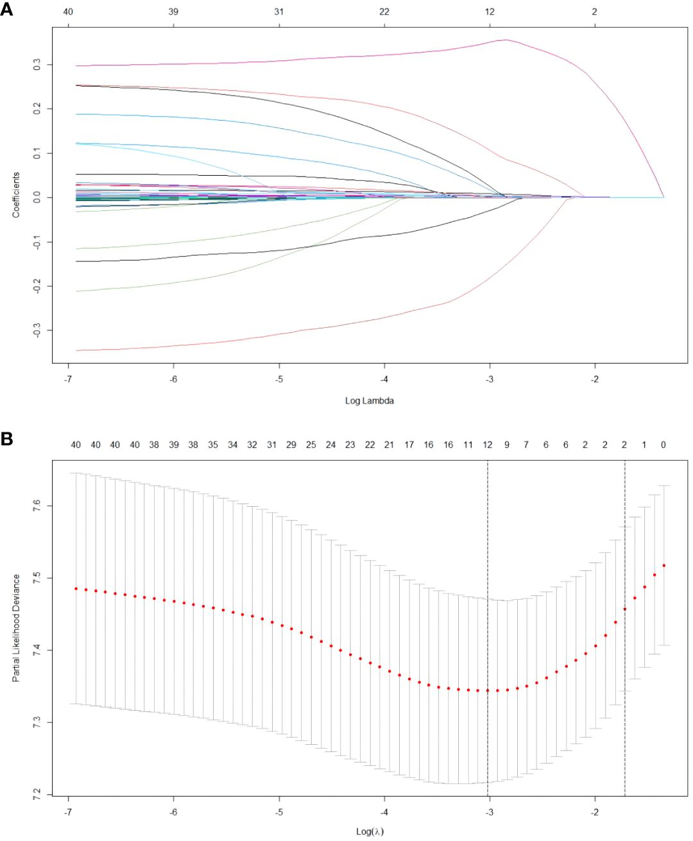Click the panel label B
[6, 439]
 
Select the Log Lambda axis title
[369, 401]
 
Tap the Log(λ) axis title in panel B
[370, 831]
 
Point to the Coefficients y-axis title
[16, 195]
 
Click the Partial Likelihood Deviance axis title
[16, 627]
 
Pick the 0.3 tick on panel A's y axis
[37, 65]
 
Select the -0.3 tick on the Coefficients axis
[37, 330]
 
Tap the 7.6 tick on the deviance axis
[37, 506]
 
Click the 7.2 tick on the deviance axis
[37, 794]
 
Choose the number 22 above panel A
[384, 12]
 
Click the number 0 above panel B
[663, 445]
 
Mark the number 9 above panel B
[507, 445]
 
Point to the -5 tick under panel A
[279, 379]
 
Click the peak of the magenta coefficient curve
[506, 40]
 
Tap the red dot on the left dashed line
[488, 690]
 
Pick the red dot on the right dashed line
[625, 609]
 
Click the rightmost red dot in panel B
[664, 565]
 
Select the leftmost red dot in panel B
[76, 588]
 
